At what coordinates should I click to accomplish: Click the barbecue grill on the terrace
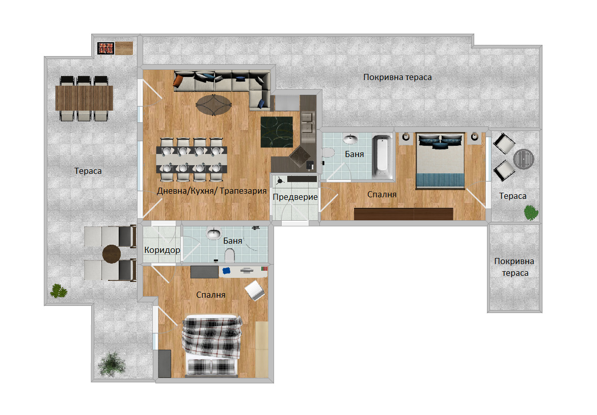106,48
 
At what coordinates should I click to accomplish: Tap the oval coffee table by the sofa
213,105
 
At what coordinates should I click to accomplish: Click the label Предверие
295,197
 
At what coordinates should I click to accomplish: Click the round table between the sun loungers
112,254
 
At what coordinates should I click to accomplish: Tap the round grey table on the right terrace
524,159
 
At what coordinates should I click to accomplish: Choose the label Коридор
162,250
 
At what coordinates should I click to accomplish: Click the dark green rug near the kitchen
277,132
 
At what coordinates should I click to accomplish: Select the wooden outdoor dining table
84,97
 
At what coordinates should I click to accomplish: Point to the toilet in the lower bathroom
230,255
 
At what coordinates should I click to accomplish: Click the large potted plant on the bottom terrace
112,364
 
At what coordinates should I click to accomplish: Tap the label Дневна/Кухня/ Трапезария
212,191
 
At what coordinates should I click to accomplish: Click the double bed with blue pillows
440,161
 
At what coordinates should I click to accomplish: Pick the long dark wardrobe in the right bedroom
403,214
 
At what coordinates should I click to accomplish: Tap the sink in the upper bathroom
350,140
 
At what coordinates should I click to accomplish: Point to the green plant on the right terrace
531,213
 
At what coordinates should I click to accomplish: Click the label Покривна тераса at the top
397,77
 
